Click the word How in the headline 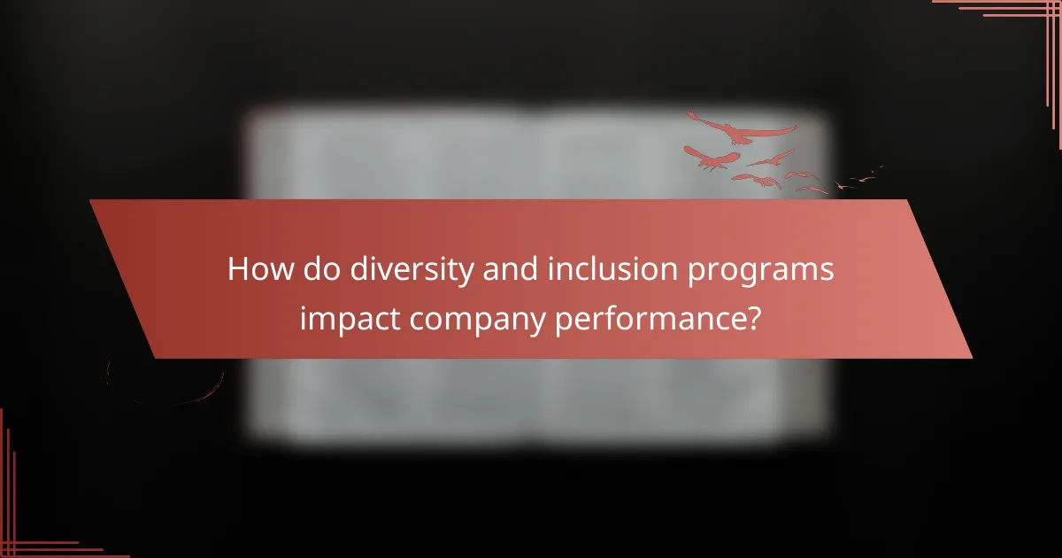coord(253,269)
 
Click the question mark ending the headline coord(751,316)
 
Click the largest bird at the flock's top coord(739,130)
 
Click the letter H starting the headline coord(238,269)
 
